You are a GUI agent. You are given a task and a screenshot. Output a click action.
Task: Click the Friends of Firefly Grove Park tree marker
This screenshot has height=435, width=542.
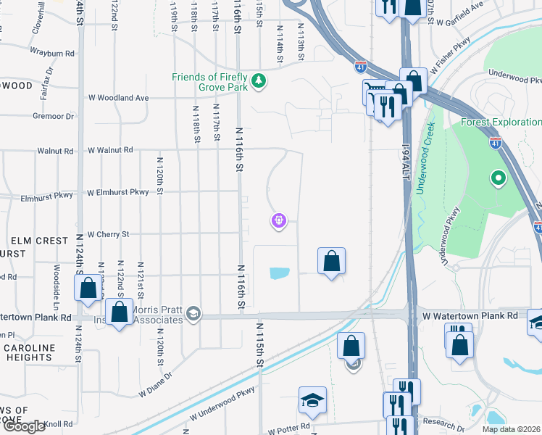[x=258, y=83]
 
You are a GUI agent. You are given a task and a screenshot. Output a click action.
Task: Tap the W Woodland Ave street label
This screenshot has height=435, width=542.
[x=118, y=98]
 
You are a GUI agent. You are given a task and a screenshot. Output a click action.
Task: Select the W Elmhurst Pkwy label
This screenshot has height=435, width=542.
[x=118, y=193]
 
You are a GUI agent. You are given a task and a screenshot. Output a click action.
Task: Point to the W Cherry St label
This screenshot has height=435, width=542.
[x=108, y=235]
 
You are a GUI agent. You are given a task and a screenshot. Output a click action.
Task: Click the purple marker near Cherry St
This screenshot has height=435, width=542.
[x=279, y=220]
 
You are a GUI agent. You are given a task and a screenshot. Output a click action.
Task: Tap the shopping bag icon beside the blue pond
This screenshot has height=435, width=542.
[x=331, y=261]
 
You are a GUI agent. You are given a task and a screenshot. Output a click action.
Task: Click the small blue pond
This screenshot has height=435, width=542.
[x=279, y=273]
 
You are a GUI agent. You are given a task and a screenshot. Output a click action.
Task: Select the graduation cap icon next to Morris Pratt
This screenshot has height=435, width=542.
[x=193, y=314]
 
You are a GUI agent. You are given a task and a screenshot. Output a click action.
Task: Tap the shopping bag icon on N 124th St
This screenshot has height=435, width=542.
[x=88, y=288]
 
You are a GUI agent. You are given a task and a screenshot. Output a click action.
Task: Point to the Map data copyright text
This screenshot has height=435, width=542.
[x=511, y=429]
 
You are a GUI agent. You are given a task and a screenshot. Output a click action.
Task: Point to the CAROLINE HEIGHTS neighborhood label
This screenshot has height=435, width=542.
[x=29, y=353]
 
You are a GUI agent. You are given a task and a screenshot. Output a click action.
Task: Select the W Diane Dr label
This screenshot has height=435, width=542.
[x=155, y=386]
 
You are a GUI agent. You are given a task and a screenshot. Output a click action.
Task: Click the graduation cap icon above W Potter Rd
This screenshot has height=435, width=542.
[x=312, y=399]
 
